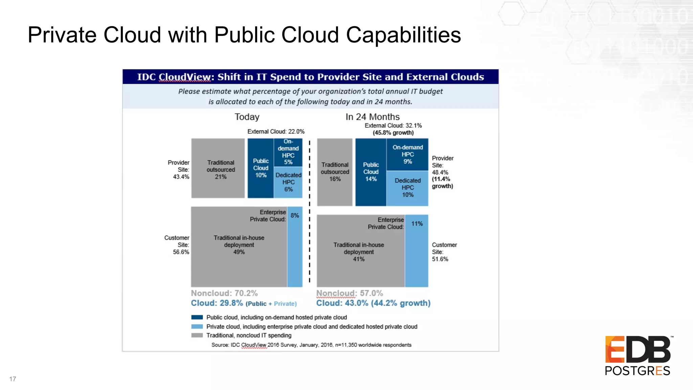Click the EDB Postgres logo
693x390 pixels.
pos(638,355)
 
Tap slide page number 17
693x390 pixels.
pos(13,379)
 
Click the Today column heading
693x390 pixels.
pos(247,117)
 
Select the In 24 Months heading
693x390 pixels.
pos(372,117)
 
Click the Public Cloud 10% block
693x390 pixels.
pos(261,168)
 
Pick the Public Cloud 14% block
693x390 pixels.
pos(371,172)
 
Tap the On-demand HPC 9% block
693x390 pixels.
pos(407,154)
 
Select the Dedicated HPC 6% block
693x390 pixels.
pos(288,182)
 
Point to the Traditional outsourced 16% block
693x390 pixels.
pos(335,172)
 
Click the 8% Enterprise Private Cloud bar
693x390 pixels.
pos(295,247)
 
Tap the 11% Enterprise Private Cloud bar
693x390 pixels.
pos(417,251)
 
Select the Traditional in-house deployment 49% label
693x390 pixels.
pos(239,245)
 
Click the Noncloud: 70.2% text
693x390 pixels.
pos(224,293)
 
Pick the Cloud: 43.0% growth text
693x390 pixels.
pos(373,303)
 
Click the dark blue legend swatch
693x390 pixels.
pos(197,317)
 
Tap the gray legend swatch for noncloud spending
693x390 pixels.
pos(197,335)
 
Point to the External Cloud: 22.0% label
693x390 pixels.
pos(276,131)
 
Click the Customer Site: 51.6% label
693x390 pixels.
pos(444,252)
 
